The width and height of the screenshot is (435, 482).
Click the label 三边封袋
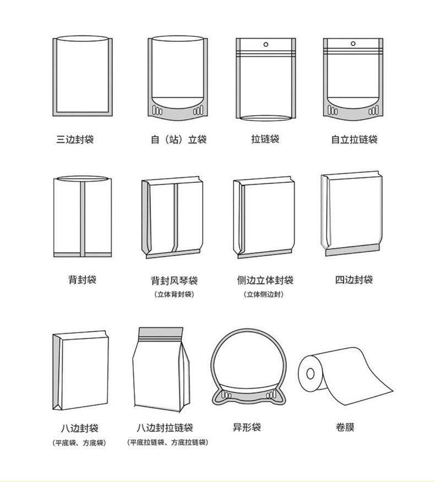click(x=75, y=139)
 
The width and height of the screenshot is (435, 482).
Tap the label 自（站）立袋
click(x=178, y=139)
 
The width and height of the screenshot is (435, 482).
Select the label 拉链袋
click(x=265, y=139)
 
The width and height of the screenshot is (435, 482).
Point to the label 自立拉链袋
click(x=354, y=139)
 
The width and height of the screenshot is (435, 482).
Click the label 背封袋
click(x=82, y=280)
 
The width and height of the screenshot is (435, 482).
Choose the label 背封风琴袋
click(x=174, y=280)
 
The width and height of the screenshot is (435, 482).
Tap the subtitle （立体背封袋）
click(x=174, y=294)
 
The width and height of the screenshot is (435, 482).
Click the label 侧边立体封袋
click(x=265, y=280)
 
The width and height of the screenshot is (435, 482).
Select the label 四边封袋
click(x=354, y=280)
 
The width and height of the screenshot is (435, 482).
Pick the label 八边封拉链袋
click(x=165, y=427)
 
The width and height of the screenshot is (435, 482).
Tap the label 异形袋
click(x=247, y=427)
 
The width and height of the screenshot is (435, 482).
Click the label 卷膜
click(x=345, y=427)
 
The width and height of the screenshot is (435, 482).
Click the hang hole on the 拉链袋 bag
click(x=266, y=44)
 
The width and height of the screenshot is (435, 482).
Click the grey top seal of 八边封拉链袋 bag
click(x=159, y=332)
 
